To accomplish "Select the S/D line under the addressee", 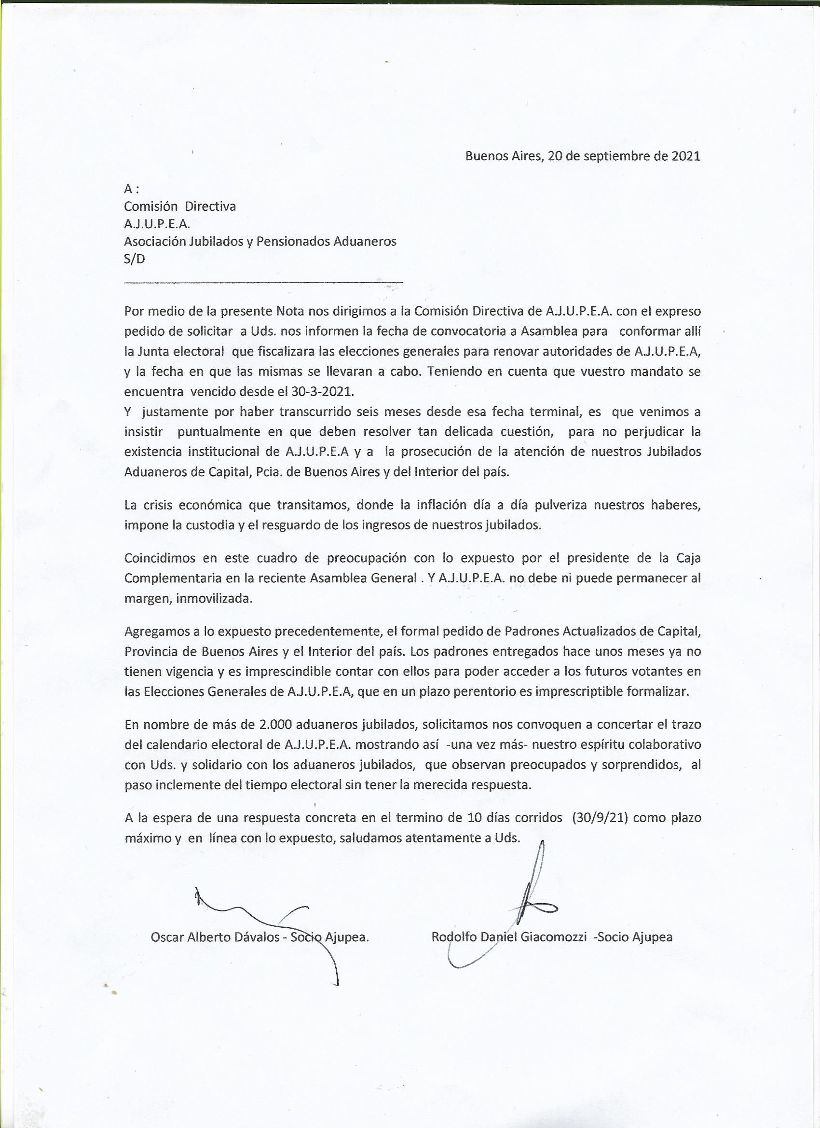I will (x=134, y=259).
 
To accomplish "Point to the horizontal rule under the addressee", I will (x=263, y=283).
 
